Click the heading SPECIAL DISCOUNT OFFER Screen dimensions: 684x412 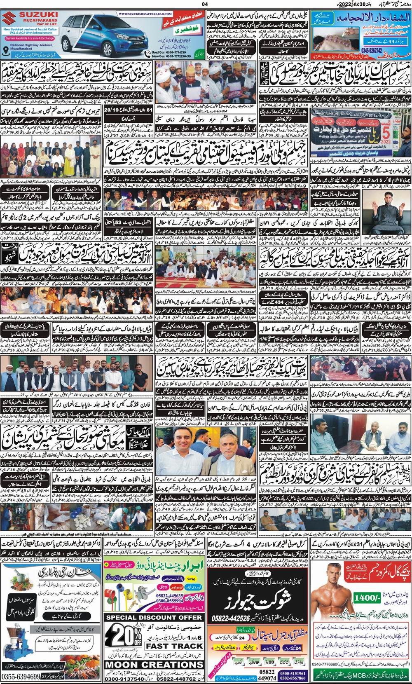(154, 617)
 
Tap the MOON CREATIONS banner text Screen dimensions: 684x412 (154, 665)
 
